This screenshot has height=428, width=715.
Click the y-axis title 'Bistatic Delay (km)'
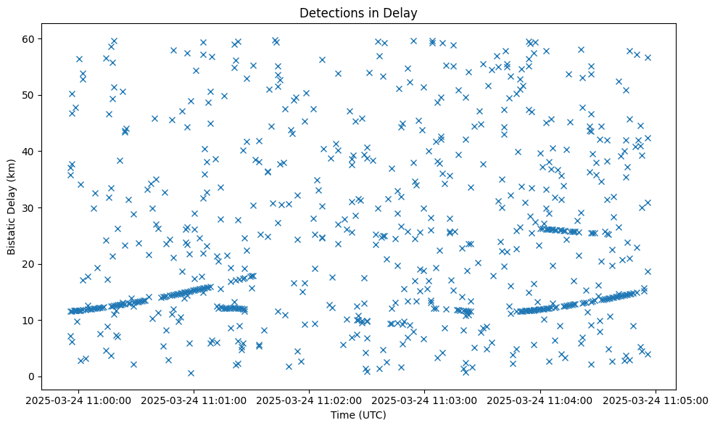coord(12,207)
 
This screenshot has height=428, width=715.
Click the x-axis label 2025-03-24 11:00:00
coord(80,400)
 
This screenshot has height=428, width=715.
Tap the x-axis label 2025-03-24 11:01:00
coord(195,400)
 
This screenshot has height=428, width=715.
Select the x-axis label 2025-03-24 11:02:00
coord(310,400)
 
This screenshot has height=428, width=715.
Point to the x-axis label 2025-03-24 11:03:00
coord(426,400)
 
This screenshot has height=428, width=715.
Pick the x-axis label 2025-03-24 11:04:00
coord(541,400)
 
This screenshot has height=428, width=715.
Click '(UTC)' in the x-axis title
coord(374,415)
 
